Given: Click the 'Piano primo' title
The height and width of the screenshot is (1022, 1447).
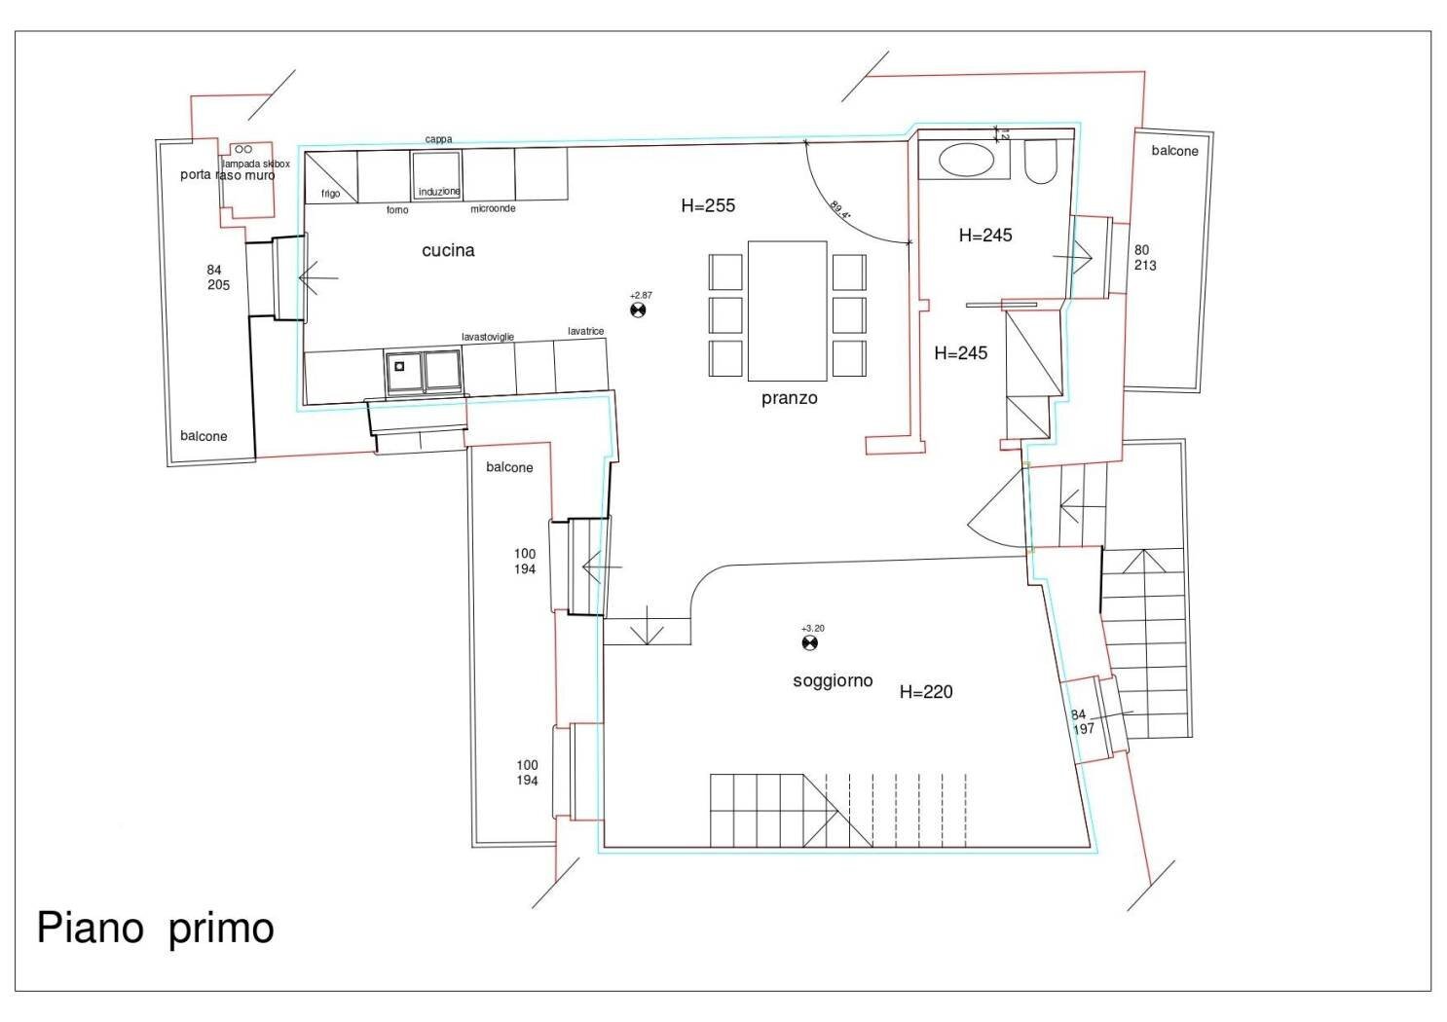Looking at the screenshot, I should coord(155,928).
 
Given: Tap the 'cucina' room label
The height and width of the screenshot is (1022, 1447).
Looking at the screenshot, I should coord(448,250).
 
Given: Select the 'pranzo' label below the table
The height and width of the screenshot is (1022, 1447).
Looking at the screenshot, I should coord(789,398).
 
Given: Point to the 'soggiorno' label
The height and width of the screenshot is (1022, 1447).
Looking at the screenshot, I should coord(833,681).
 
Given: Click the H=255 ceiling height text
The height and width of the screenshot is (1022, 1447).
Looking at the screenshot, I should coord(708,205).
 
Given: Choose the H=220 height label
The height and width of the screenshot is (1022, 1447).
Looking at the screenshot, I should coord(926,692).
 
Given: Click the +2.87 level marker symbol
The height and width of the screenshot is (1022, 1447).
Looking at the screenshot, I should coord(639,310).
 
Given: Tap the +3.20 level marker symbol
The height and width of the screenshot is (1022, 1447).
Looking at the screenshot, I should coord(809,642).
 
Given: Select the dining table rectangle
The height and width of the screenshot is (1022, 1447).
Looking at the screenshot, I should coord(787,310).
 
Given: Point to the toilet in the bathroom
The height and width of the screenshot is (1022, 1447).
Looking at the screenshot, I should coord(1041,162).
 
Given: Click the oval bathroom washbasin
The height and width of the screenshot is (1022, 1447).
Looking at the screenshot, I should coord(966,160).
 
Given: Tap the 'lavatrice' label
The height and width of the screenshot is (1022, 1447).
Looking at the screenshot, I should coord(585,331).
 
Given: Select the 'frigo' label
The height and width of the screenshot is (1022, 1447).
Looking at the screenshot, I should coord(331,194).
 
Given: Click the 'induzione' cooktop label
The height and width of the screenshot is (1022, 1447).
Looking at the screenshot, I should coord(439,192).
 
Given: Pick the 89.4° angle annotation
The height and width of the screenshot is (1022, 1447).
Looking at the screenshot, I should coord(841,209).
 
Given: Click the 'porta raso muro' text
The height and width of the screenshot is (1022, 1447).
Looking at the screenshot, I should coord(228,175).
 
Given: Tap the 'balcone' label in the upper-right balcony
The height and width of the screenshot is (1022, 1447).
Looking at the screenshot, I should coord(1174,151).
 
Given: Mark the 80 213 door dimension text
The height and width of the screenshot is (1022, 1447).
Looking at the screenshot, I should coord(1144,258).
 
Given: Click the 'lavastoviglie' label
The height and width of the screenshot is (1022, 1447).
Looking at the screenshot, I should coord(488,337).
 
